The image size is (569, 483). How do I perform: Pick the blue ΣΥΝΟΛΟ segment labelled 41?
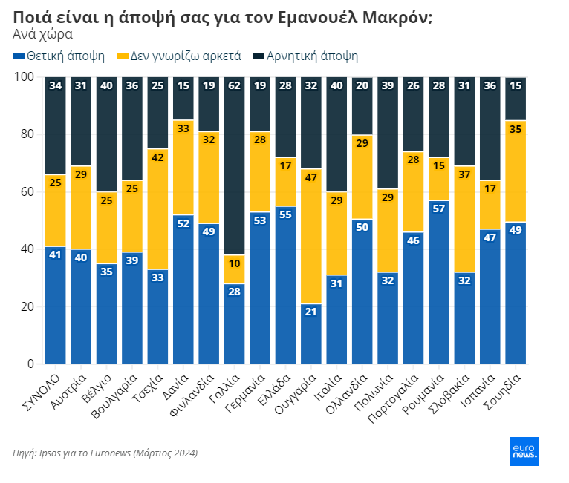click(x=55, y=305)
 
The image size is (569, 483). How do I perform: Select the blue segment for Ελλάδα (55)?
click(x=286, y=285)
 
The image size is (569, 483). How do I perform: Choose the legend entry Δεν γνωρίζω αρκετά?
click(x=185, y=56)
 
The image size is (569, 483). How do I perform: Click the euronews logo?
click(x=524, y=451)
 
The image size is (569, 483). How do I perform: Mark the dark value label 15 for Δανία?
click(x=183, y=85)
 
